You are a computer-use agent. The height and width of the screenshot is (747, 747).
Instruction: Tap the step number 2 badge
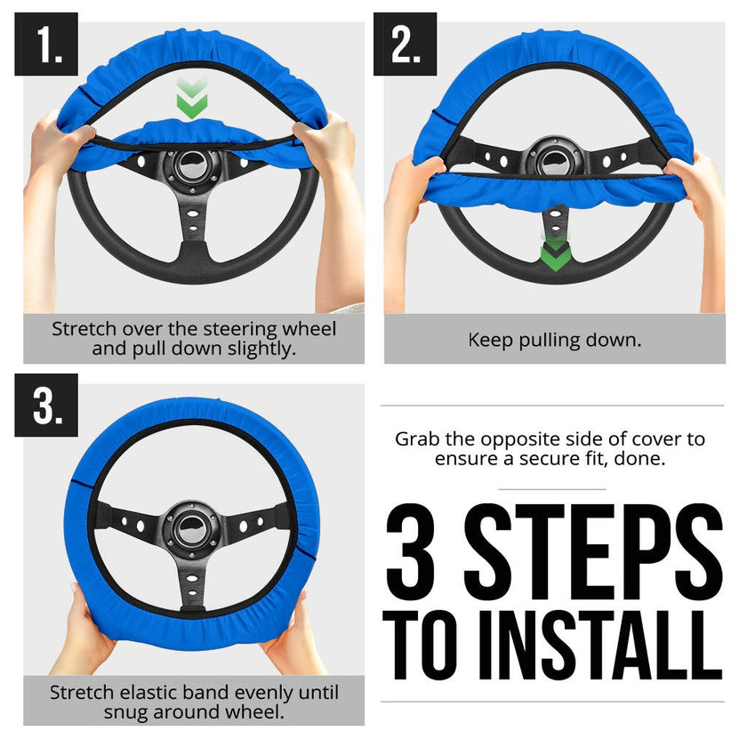[405, 44]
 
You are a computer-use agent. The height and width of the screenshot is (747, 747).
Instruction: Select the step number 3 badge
[45, 405]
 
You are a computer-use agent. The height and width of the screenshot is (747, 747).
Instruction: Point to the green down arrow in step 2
[556, 253]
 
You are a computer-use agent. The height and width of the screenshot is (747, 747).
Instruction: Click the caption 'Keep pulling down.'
[554, 339]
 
